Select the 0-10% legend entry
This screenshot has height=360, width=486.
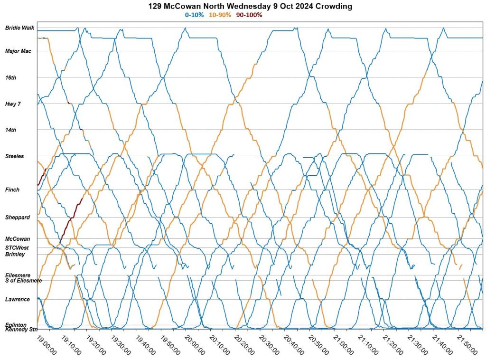tap(194, 15)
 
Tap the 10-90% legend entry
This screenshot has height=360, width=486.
tap(220, 15)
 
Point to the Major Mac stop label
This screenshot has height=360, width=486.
tap(18, 51)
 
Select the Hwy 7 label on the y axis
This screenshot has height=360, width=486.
tap(12, 104)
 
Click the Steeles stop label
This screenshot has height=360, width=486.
tap(14, 156)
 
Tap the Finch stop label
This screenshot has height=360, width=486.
tap(12, 190)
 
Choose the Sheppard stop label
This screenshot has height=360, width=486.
tap(17, 218)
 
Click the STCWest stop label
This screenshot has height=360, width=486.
tap(17, 247)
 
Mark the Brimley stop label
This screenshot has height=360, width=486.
tap(15, 255)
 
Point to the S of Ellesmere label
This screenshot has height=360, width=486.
tap(23, 281)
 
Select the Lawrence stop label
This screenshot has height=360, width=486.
tap(18, 300)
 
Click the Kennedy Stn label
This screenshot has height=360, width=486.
tap(21, 330)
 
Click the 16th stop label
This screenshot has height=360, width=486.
tap(10, 77)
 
